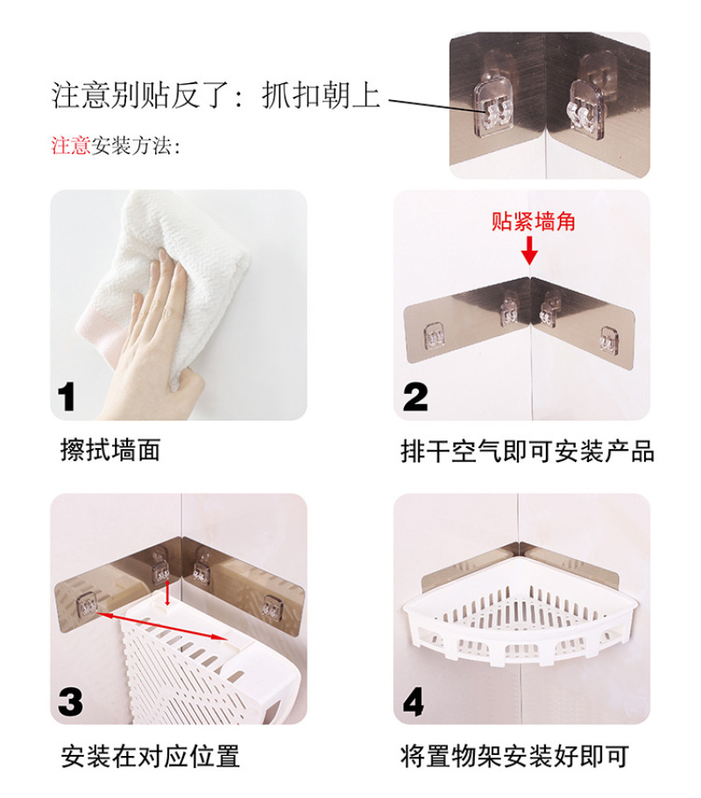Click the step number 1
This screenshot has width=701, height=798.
tap(67, 396)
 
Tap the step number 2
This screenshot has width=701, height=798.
tap(415, 397)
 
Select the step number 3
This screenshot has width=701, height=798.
tap(70, 702)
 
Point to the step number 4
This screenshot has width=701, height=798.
tap(413, 702)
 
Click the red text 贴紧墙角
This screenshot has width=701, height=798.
tap(533, 221)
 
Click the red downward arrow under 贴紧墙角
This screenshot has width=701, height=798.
tap(529, 251)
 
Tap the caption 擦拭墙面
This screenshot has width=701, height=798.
tap(110, 450)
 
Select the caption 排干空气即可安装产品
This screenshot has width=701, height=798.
tap(528, 451)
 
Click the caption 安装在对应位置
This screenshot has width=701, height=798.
tap(150, 756)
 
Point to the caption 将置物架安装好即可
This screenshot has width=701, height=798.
tap(514, 756)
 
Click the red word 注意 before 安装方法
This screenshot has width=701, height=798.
tap(71, 146)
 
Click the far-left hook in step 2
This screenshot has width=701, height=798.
tap(434, 337)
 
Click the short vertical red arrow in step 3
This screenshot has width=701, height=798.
tap(168, 593)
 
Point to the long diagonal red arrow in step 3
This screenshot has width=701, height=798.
tap(162, 626)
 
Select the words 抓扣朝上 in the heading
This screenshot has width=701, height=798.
tap(321, 96)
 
